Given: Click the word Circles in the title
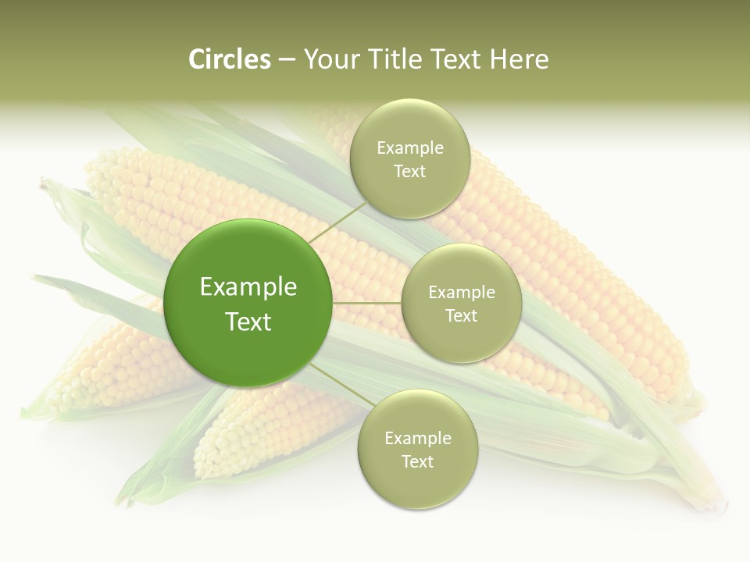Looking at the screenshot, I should pos(229,59).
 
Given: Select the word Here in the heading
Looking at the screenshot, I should pos(519,59).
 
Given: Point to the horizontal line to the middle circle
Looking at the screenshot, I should pos(367,303).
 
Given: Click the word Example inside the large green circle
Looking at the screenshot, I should pos(248,287).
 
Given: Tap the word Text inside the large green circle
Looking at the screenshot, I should pos(248,322).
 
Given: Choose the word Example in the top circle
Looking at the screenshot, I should pos(410,148).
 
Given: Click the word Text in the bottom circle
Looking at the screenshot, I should pos(417,461).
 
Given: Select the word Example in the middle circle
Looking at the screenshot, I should pos(462,292).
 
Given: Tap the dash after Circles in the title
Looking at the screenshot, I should pos(287,60).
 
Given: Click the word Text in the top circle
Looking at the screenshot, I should pos(410,171).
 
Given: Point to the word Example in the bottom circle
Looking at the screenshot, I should pos(417,438).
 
